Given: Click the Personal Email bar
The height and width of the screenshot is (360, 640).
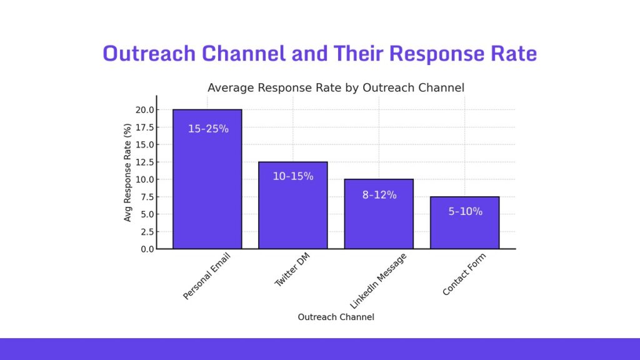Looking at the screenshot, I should [x=207, y=187].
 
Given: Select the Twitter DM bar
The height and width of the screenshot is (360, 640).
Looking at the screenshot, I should [x=292, y=212].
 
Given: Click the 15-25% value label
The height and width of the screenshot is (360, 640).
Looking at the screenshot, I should [x=208, y=129].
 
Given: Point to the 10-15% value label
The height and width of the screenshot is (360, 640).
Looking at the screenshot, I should [x=292, y=176].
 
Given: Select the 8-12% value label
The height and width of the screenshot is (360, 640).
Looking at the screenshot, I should [x=379, y=194].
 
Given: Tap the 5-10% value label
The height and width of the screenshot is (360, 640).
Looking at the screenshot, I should [x=465, y=211].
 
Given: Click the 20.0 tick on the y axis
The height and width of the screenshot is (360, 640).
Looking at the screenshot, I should [x=146, y=110].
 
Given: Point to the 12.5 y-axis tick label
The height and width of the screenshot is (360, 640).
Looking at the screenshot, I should [x=146, y=162].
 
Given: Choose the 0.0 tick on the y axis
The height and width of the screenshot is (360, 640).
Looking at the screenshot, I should [x=147, y=249].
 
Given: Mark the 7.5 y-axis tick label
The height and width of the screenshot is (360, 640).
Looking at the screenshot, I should [x=147, y=197].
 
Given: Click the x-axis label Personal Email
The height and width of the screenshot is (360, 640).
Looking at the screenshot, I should [x=206, y=276].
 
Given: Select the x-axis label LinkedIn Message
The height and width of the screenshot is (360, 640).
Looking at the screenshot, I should [x=377, y=281].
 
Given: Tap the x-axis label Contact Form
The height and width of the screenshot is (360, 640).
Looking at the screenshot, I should [x=464, y=274].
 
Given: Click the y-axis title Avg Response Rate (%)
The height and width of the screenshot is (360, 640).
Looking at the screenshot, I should [x=128, y=172].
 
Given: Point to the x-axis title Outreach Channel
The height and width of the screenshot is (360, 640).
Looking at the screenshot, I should [x=336, y=317].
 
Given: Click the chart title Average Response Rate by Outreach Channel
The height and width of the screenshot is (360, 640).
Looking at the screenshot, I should [x=336, y=87].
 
